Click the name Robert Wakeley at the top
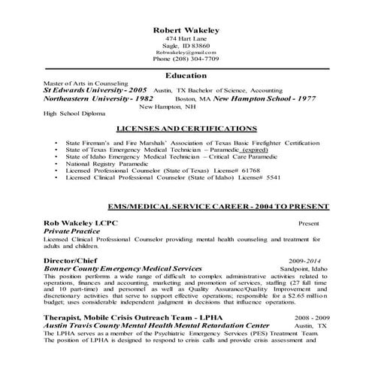pyautogui.click(x=186, y=29)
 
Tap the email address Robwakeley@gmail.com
pyautogui.click(x=186, y=51)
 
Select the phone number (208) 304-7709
pyautogui.click(x=186, y=59)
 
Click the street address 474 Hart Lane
pyautogui.click(x=186, y=38)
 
